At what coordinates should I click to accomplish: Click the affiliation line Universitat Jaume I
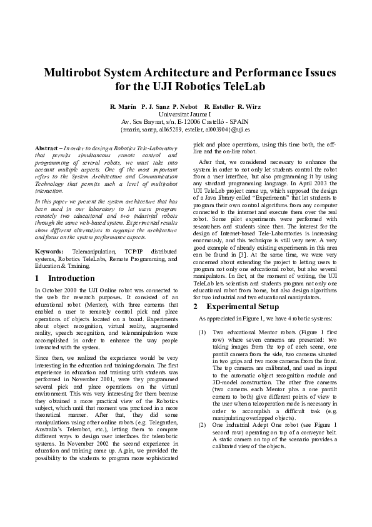186,115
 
